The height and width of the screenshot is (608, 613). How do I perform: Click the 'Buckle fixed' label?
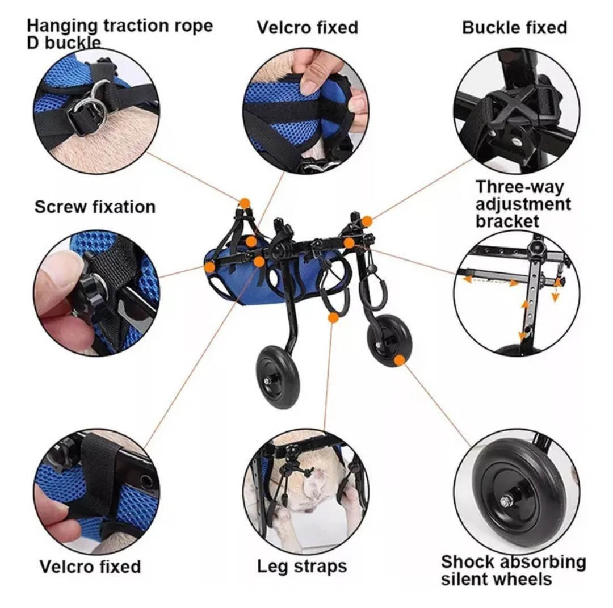(x=514, y=28)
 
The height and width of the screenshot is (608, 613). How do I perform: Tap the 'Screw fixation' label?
(x=95, y=207)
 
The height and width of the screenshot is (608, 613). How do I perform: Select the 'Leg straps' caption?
(x=302, y=566)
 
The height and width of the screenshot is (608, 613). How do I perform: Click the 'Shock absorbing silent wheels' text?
(x=513, y=570)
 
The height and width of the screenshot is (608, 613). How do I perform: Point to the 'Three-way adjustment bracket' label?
(x=523, y=204)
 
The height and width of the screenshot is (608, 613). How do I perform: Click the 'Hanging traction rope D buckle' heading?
(x=120, y=33)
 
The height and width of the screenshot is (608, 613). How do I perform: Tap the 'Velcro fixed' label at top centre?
(x=307, y=28)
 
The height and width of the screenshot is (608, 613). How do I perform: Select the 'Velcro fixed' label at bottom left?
(x=90, y=567)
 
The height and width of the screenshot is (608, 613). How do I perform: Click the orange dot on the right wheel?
(x=399, y=360)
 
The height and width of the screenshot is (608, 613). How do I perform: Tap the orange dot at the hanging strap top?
(x=245, y=203)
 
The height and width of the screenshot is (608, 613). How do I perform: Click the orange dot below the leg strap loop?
(x=333, y=317)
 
